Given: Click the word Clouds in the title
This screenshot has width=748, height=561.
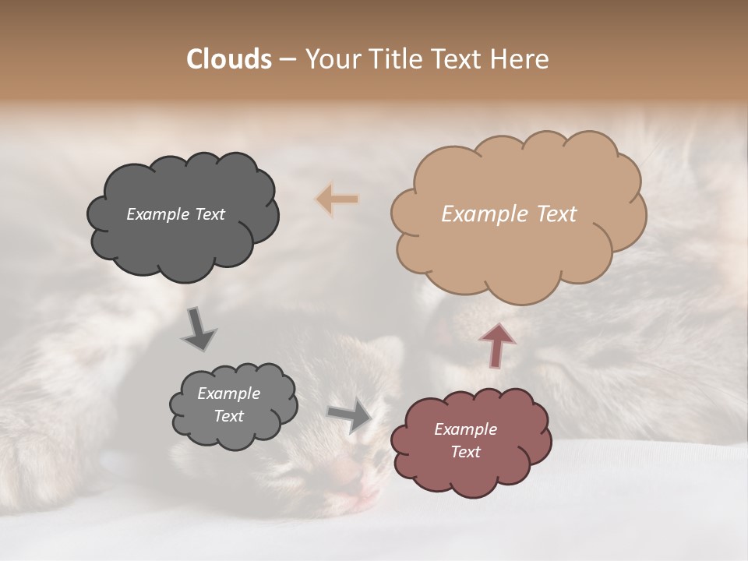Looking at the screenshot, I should tap(229, 59).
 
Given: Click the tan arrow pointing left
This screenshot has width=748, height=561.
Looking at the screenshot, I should tap(337, 199).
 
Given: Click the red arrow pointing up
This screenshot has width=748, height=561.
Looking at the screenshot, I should tap(496, 344).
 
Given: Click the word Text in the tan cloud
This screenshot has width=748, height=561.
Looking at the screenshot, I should tap(556, 214).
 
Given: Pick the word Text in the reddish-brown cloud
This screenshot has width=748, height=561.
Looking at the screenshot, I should tap(465, 452).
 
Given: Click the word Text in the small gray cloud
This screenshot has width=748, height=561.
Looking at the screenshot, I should tap(228, 416).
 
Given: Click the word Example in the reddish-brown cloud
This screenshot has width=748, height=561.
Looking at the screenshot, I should tap(465, 429).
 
